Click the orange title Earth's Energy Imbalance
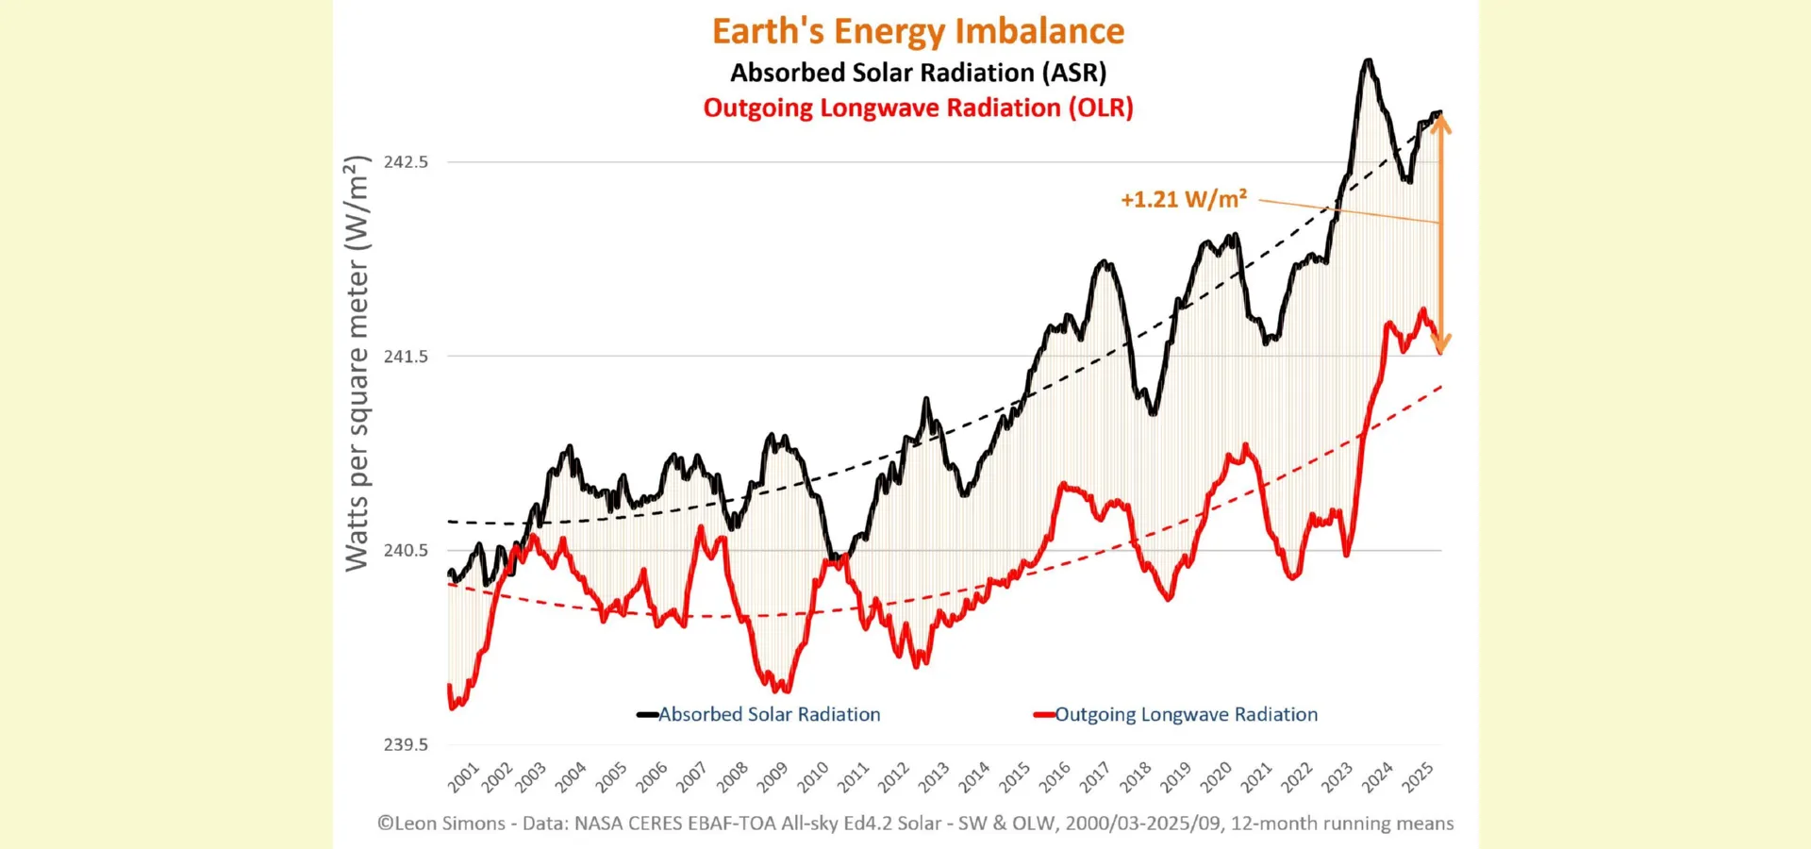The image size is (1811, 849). [x=918, y=31]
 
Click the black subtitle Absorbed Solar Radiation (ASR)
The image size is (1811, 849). [x=918, y=73]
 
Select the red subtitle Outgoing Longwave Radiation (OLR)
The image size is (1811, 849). [x=918, y=108]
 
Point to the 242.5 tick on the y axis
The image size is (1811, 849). [x=406, y=162]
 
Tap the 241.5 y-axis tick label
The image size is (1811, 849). [x=406, y=357]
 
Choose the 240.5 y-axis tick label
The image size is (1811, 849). [x=406, y=550]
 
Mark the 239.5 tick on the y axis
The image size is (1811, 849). [x=406, y=744]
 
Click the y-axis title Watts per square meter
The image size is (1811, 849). [x=357, y=363]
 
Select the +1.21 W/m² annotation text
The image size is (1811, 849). [x=1183, y=200]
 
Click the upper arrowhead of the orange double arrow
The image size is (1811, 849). [x=1440, y=122]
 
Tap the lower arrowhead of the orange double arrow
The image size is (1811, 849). [x=1440, y=345]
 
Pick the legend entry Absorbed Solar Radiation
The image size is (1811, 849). [x=768, y=714]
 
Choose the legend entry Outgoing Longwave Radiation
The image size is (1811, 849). [x=1185, y=714]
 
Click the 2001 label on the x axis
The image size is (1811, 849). [x=463, y=777]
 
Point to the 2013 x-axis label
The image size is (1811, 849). [x=934, y=777]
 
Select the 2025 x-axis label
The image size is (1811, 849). [x=1417, y=777]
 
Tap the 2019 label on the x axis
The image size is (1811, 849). [x=1175, y=777]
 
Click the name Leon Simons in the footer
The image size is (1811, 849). [x=449, y=824]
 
